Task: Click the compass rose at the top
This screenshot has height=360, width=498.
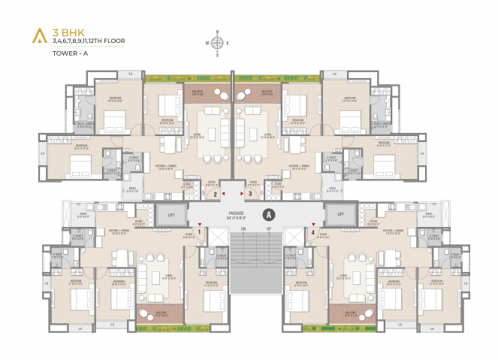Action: (x=217, y=44)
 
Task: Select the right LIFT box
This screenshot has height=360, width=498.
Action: (x=340, y=215)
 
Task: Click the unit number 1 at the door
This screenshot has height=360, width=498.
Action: (x=198, y=233)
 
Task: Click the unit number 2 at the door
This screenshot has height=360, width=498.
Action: (x=216, y=194)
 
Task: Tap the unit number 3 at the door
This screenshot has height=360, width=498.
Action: (x=249, y=194)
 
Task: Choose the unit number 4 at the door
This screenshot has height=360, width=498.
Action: (x=311, y=233)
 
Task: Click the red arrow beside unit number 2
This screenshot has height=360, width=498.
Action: (x=224, y=193)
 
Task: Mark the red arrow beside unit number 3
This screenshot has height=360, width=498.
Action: (x=240, y=193)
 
